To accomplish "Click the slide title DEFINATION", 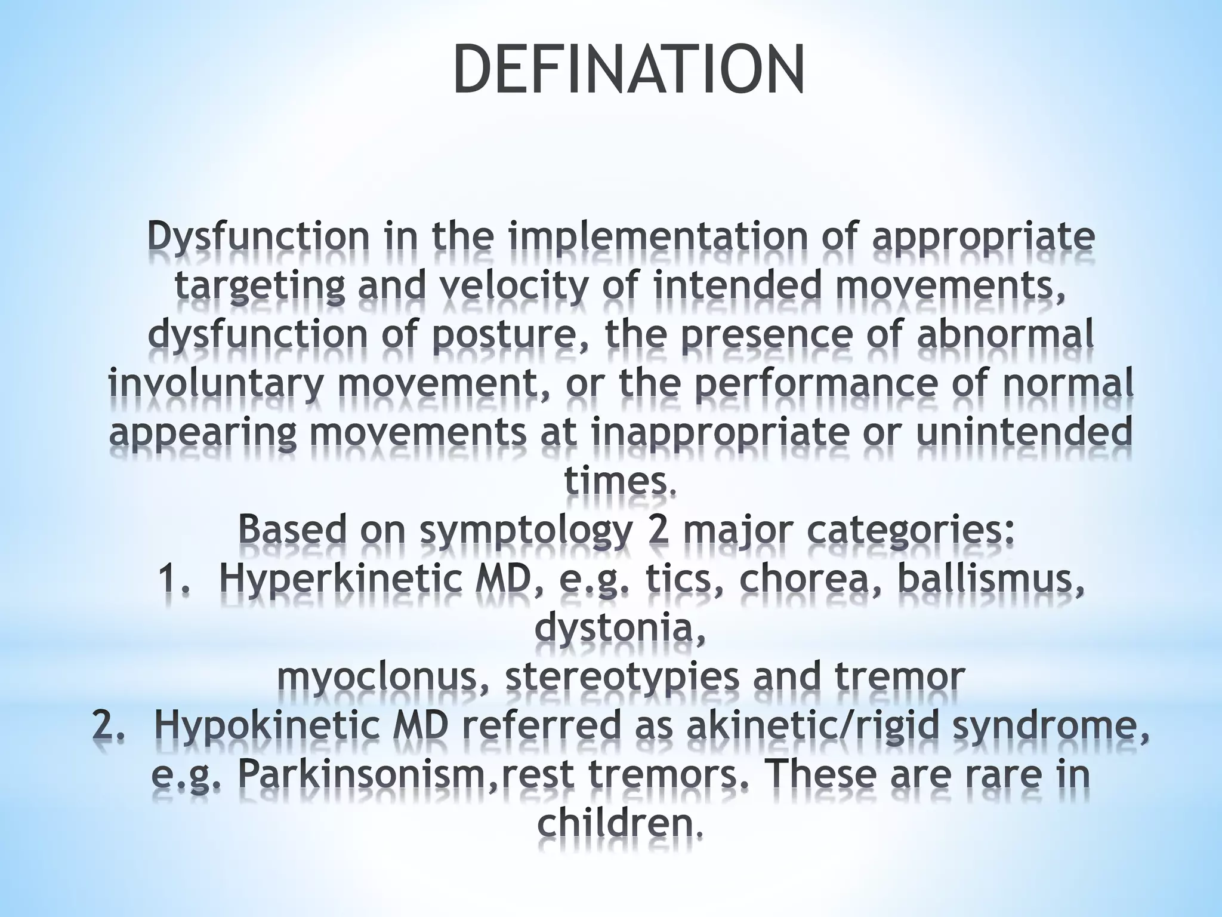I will coord(628,69).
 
